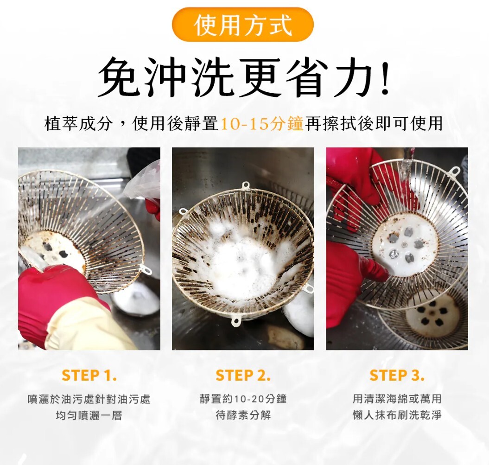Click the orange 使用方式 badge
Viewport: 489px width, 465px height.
point(242,25)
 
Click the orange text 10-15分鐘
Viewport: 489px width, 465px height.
point(262,123)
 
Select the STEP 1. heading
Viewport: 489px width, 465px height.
point(89,376)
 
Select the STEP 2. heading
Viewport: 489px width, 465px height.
point(243,376)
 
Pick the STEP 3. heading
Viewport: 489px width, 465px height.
point(397,376)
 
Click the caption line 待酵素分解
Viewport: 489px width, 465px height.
point(243,415)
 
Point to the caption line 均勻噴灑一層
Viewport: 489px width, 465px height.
point(89,415)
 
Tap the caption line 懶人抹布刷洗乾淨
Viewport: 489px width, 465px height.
point(397,415)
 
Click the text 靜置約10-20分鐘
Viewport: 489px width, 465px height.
point(243,399)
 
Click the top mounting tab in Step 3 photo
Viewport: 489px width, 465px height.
point(455,171)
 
